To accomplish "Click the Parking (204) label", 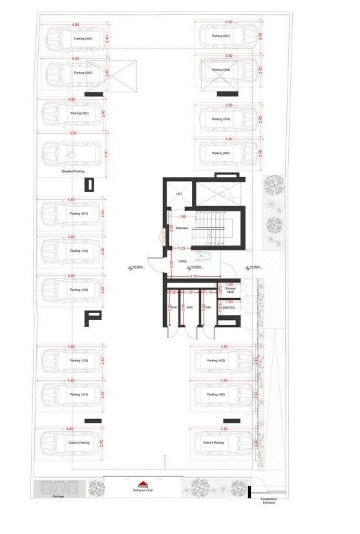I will [x=83, y=39].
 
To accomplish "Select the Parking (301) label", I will [x=222, y=36].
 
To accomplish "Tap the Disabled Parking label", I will [x=73, y=171].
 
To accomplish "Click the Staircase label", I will [x=182, y=228].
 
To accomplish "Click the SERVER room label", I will [x=228, y=308].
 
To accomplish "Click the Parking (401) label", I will [x=222, y=153].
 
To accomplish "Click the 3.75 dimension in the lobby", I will [x=193, y=276].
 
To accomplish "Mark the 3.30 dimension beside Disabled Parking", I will [x=105, y=155].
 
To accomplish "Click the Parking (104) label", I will [x=79, y=250].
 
